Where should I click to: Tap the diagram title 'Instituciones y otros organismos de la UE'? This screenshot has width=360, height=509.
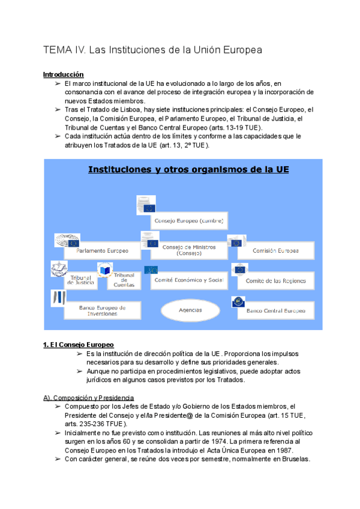[189, 170]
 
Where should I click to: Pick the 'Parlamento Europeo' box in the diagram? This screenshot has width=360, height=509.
[102, 250]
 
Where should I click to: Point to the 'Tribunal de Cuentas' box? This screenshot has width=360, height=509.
[124, 280]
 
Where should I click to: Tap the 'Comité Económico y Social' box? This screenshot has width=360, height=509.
[189, 280]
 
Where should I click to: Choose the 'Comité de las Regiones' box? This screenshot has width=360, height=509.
[275, 280]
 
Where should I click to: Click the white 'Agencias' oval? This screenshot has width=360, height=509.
[190, 310]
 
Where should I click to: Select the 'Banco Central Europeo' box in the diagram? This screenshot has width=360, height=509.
[275, 310]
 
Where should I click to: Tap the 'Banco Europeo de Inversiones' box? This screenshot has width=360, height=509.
[102, 310]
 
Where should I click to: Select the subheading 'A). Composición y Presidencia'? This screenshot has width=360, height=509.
[88, 398]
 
